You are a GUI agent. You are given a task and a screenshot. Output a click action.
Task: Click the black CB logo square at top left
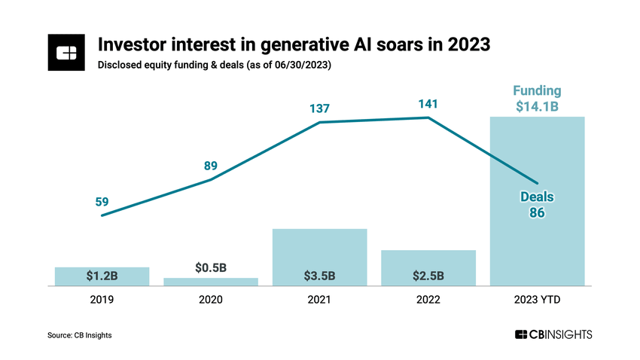click(67, 53)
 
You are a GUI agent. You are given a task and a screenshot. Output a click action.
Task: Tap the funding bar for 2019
click(102, 276)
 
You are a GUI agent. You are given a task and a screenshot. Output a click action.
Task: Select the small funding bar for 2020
click(211, 282)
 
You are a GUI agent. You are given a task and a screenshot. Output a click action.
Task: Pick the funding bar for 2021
click(319, 257)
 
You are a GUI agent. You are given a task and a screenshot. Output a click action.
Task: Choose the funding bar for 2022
click(428, 267)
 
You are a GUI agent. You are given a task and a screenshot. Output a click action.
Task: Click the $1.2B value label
click(102, 276)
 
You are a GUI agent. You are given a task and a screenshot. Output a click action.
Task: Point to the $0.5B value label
click(211, 267)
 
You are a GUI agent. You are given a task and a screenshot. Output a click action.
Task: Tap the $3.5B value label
click(319, 276)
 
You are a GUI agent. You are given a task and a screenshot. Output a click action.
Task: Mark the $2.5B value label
click(428, 276)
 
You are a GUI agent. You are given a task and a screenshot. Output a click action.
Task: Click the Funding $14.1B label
click(537, 99)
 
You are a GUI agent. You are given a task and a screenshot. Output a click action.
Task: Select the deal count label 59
click(102, 201)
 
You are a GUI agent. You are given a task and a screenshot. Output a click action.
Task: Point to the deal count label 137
click(319, 109)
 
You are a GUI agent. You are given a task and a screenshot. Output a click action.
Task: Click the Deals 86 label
click(537, 205)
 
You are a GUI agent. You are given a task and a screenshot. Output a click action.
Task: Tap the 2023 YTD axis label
click(537, 299)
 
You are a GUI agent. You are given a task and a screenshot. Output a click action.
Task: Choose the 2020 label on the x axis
click(211, 299)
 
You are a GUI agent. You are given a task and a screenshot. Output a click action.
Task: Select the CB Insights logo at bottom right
click(553, 334)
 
